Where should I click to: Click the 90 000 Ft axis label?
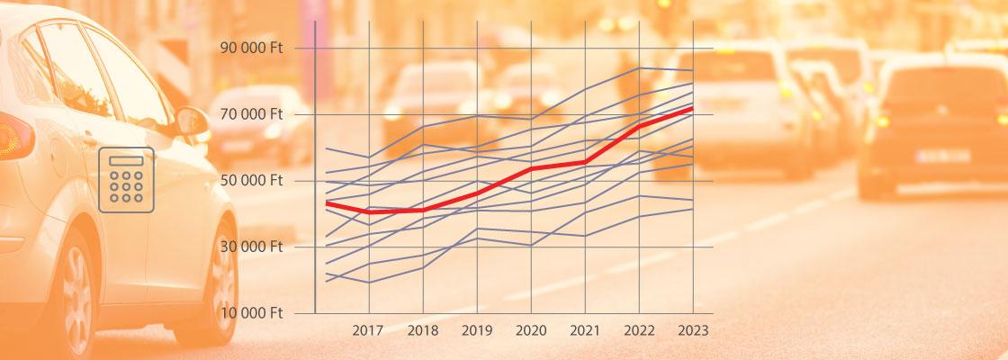251,48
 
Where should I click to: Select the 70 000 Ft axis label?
251,114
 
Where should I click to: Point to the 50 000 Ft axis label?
251,180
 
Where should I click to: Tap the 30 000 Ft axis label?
251,247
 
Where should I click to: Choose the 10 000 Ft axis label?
251,313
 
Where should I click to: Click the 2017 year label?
368,330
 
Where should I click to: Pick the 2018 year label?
422,330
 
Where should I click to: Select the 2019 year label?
476,330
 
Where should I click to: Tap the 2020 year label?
531,330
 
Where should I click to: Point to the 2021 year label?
585,330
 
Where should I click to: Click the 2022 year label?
639,330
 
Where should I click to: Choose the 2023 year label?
692,330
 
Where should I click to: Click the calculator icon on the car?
126,179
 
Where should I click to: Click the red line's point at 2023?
692,108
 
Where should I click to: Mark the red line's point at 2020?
531,168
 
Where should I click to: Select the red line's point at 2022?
639,125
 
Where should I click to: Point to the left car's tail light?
13,137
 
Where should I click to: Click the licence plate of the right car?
942,155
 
